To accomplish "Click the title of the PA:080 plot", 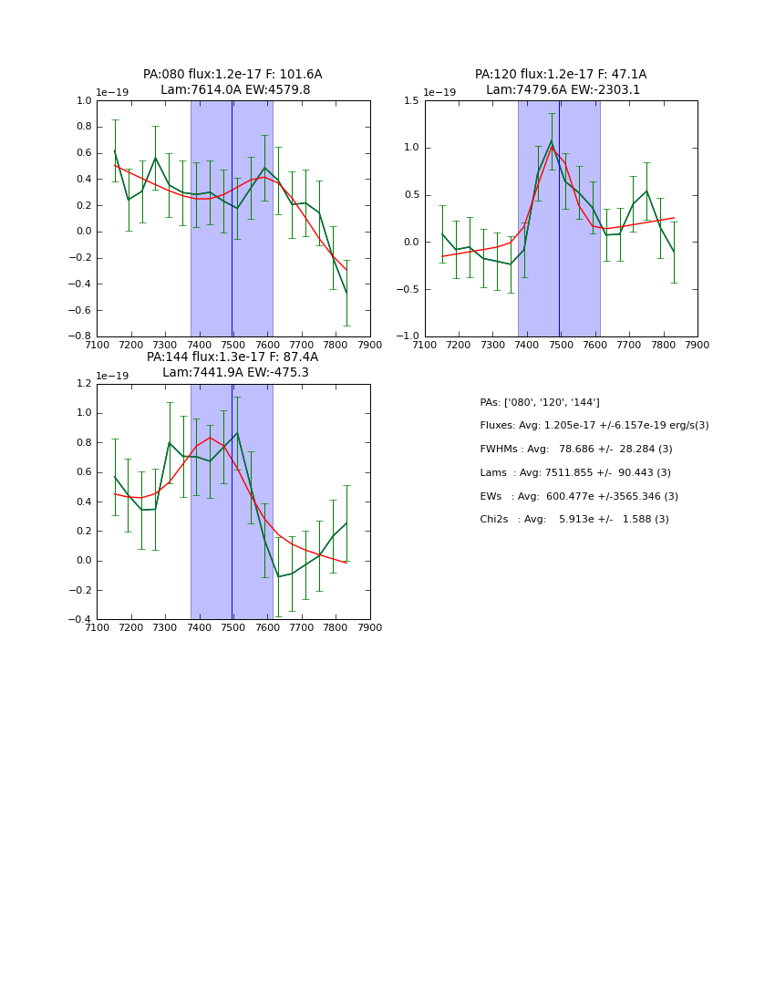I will [232, 82].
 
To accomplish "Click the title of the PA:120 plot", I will [561, 82].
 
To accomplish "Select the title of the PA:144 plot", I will [232, 365].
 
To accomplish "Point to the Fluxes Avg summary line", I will [594, 426].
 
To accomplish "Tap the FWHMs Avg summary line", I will [576, 450].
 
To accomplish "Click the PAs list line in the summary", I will [540, 403].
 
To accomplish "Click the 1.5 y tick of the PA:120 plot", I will [414, 101].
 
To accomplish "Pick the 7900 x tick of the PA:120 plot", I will [697, 345].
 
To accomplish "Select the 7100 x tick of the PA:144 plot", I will [97, 627].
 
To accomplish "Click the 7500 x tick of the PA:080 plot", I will [233, 345].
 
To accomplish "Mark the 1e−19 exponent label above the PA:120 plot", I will [439, 93].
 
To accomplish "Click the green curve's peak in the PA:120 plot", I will [552, 141].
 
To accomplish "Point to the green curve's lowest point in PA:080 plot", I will [346, 294].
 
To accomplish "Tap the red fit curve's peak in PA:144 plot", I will [211, 438].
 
